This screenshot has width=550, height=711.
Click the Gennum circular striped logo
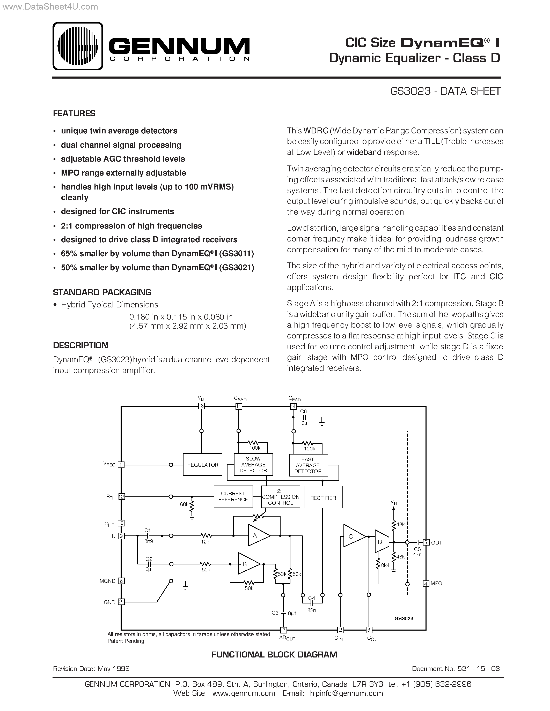(x=78, y=46)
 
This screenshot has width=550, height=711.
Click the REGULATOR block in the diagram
(x=202, y=465)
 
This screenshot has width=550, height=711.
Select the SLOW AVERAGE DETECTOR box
(x=253, y=465)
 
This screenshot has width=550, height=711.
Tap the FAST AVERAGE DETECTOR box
(x=308, y=465)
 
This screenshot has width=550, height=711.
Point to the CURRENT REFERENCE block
(x=233, y=496)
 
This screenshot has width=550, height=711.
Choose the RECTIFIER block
(x=323, y=497)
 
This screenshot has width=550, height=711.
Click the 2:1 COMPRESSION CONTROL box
(x=281, y=497)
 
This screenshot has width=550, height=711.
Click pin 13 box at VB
(x=201, y=406)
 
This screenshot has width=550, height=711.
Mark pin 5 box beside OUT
(x=426, y=542)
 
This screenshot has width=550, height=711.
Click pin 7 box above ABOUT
(x=283, y=630)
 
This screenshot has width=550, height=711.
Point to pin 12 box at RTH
(x=121, y=496)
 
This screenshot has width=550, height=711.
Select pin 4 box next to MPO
(x=426, y=584)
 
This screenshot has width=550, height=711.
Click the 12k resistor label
(x=205, y=542)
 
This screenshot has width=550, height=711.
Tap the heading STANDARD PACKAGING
(x=102, y=292)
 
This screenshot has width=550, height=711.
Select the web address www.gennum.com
(x=244, y=693)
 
